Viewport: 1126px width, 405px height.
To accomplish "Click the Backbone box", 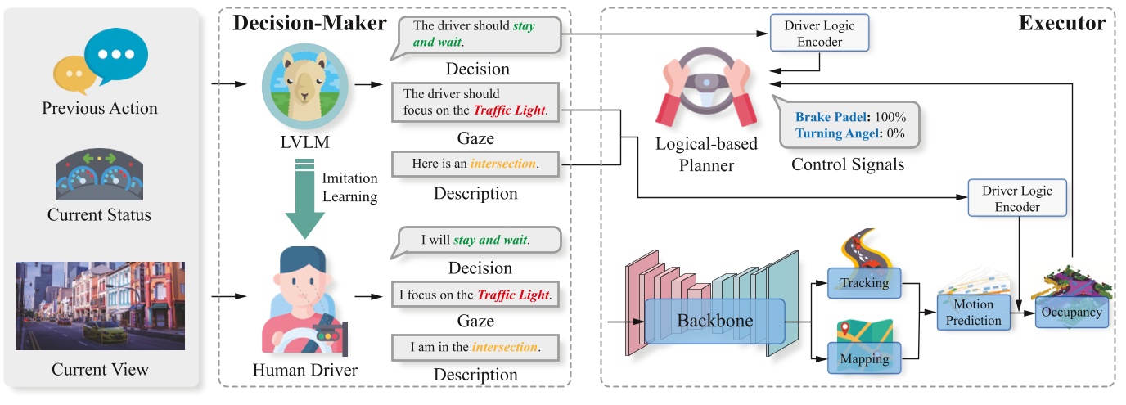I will [714, 319].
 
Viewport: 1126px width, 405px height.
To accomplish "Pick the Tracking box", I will [863, 282].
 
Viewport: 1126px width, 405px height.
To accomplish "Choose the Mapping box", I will [863, 358].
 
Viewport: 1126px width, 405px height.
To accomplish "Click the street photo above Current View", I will [100, 305].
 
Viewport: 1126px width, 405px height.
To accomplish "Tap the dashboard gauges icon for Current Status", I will [100, 174].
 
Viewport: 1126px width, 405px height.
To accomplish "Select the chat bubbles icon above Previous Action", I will [100, 62].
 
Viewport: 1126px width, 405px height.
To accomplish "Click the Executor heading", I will [1061, 23].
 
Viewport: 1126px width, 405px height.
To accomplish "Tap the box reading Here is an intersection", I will [475, 164].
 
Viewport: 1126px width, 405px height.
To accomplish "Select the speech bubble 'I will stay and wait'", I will [475, 241].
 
